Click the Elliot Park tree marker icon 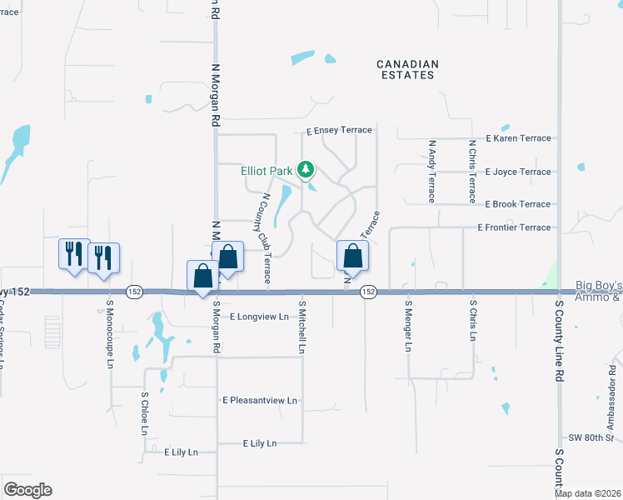(306, 171)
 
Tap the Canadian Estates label (406, 69)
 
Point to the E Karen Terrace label (518, 138)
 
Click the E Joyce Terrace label (518, 172)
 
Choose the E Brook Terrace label (517, 204)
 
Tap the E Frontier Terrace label (514, 227)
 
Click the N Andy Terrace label (432, 171)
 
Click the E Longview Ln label (259, 317)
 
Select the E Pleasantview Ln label (260, 401)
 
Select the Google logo (27, 490)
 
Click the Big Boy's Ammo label (598, 292)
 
